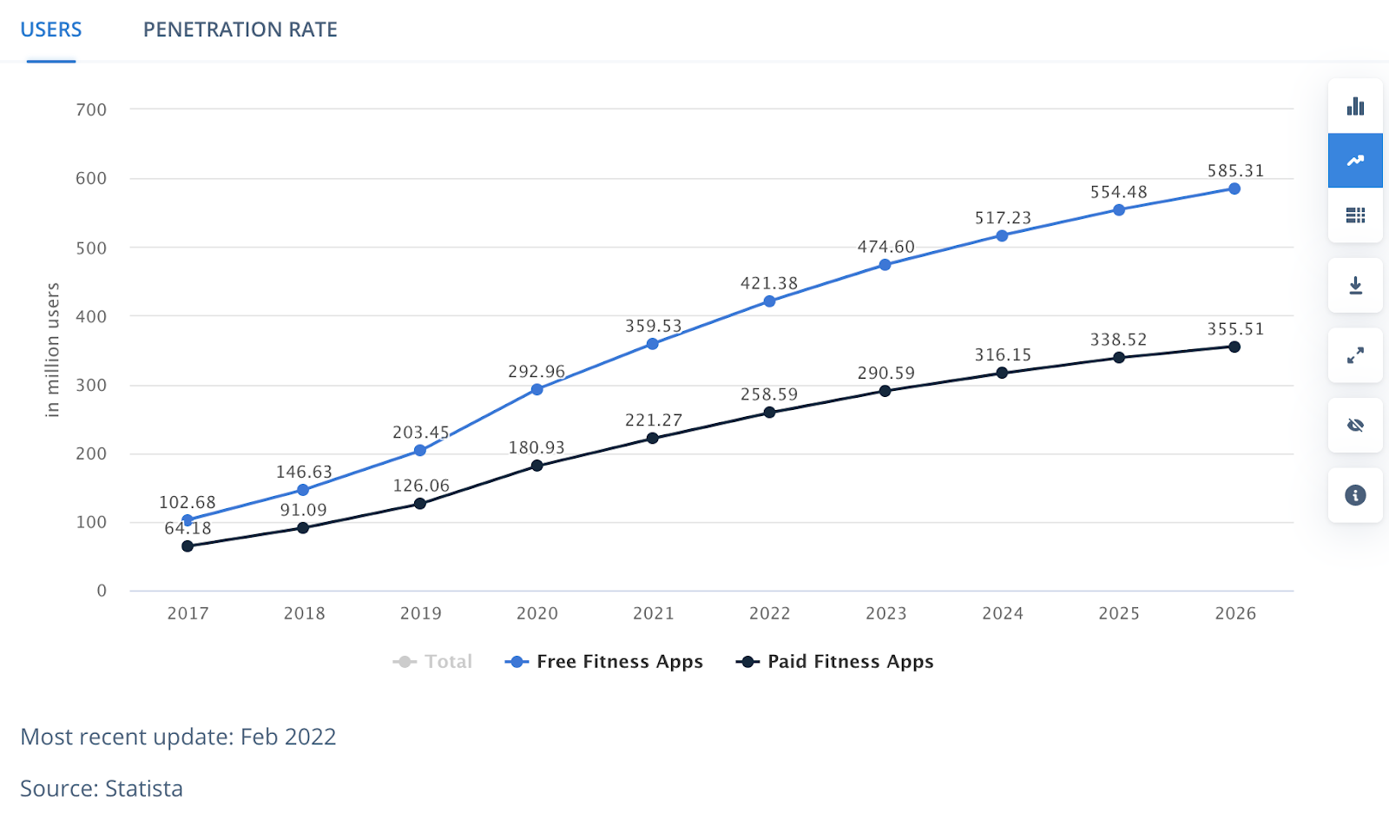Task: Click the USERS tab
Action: click(x=51, y=30)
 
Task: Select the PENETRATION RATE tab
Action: click(x=240, y=30)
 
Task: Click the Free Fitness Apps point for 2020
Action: click(x=537, y=389)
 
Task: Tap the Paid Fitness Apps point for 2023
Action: click(x=885, y=391)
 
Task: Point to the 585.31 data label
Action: click(x=1235, y=171)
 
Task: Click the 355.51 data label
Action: click(x=1235, y=329)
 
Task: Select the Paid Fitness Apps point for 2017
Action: click(x=188, y=546)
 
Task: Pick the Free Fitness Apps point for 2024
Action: click(x=1002, y=235)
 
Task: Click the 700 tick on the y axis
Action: click(x=91, y=110)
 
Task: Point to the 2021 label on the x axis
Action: click(x=653, y=613)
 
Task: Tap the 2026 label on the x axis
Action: click(x=1235, y=613)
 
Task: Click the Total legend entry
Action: click(x=433, y=662)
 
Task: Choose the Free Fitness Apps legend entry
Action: click(x=604, y=662)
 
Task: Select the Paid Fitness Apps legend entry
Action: click(x=835, y=662)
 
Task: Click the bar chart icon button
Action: click(x=1355, y=107)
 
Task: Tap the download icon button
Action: click(x=1355, y=286)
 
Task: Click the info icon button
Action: click(x=1355, y=495)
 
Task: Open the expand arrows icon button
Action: click(x=1355, y=355)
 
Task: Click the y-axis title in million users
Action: click(x=53, y=350)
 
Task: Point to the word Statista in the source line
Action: click(x=144, y=789)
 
